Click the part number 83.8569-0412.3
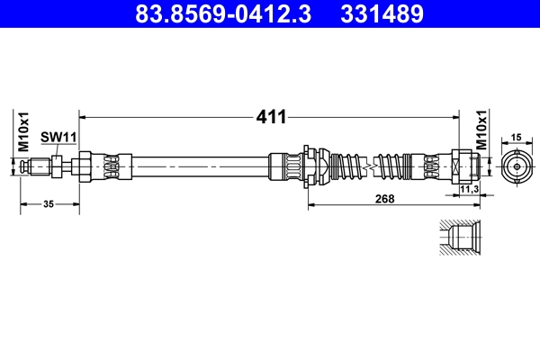tap(223, 13)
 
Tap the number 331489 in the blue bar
tap(382, 13)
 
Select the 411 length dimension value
tap(271, 117)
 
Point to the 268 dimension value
tap(384, 199)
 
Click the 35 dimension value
tap(49, 204)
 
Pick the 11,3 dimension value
tap(470, 189)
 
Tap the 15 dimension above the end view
tap(516, 138)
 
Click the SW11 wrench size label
tap(58, 137)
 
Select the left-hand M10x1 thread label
tap(23, 131)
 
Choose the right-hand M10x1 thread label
tap(481, 130)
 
